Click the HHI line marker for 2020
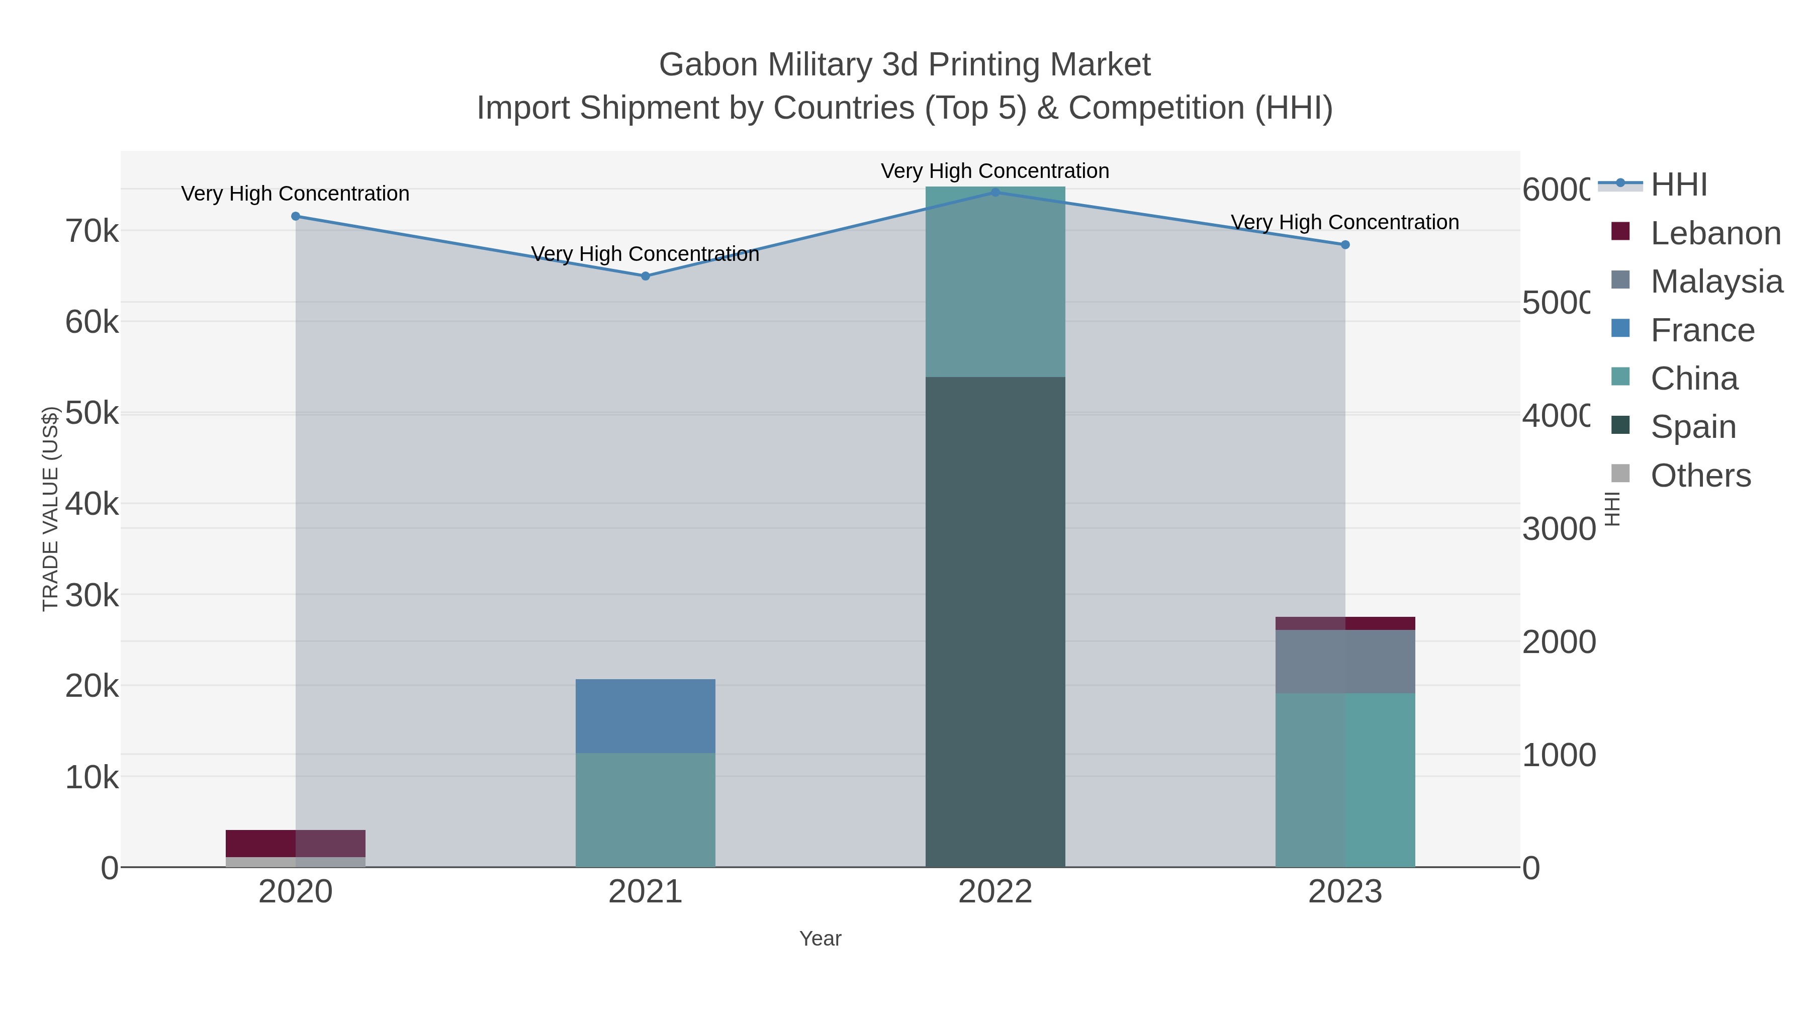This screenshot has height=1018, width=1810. (295, 216)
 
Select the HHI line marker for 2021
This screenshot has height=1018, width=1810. (645, 276)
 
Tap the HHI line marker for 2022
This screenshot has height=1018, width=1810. (995, 193)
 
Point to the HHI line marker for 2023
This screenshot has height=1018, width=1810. (1345, 244)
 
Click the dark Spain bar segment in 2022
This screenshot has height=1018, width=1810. (995, 622)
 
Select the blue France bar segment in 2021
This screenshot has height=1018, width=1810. (645, 716)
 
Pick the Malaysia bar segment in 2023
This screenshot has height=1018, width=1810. (1345, 661)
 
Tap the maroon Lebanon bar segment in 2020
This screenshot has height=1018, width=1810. (295, 843)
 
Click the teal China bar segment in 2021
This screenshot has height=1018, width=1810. (645, 810)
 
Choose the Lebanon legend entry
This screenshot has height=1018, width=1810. (1714, 233)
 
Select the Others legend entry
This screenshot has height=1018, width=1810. (1700, 476)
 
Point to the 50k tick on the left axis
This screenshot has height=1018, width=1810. (92, 414)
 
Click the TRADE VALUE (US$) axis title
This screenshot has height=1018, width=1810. (51, 509)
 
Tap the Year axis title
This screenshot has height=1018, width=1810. (820, 939)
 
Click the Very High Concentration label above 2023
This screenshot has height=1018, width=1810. (1345, 222)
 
